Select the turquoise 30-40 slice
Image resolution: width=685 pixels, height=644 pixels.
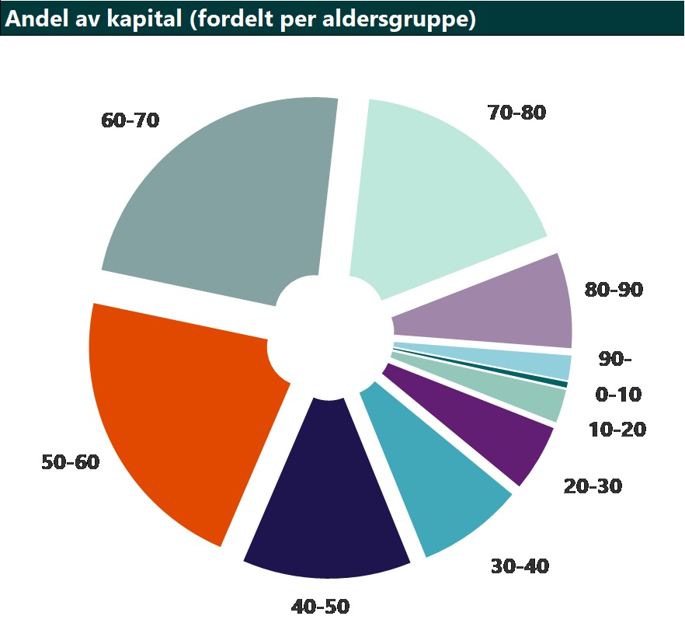coord(436,472)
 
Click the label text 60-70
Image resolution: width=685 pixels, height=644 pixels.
coord(130,120)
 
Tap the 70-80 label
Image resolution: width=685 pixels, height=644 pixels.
coord(516,113)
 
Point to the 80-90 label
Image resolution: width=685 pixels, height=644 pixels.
coord(614,289)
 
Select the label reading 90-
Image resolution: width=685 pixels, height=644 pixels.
coord(615,359)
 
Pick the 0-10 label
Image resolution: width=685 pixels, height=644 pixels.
coord(618,395)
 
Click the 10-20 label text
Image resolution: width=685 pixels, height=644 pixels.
coord(617,430)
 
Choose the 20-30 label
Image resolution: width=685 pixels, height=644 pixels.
coord(593,486)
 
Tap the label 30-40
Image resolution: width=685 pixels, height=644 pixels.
coord(520,566)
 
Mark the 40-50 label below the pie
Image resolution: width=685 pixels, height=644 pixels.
coord(320,607)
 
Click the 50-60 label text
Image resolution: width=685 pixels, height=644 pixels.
coord(71,461)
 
